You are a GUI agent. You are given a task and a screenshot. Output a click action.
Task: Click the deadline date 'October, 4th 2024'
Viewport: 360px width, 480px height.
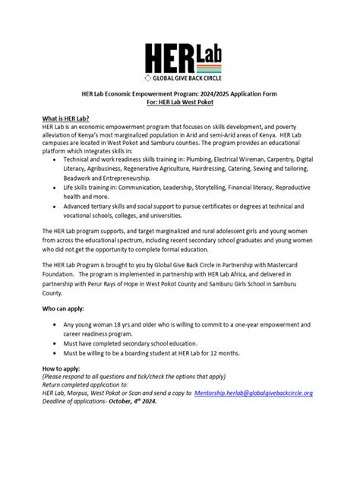(x=125, y=402)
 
